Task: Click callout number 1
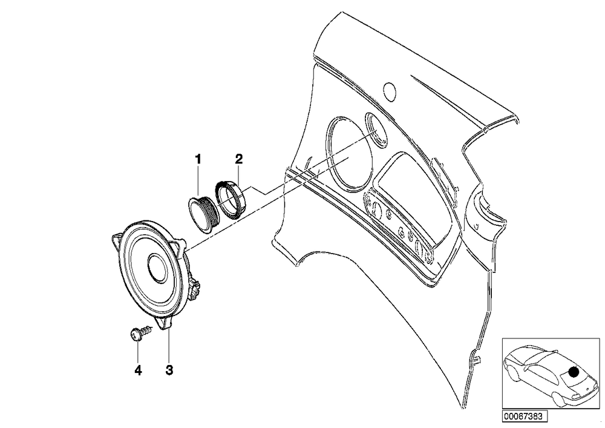198,159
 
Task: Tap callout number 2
239,159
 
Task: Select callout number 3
169,370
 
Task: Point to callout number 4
138,370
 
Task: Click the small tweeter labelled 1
204,214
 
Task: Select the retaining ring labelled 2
231,200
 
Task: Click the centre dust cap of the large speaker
157,268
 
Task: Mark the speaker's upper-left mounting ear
117,240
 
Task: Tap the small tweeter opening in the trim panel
376,131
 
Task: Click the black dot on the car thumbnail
574,372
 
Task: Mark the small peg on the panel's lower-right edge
476,360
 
